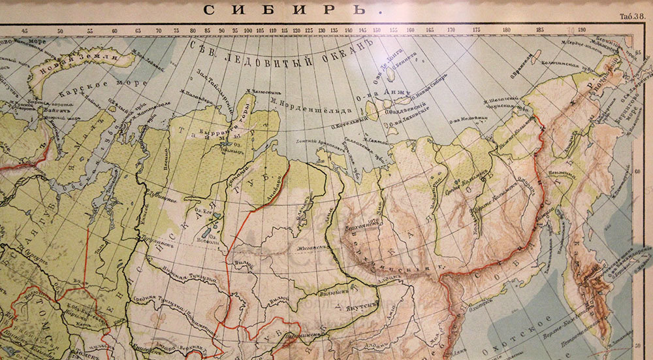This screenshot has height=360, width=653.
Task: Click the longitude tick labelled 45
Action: [x=25, y=30]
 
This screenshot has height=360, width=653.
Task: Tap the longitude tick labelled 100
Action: [x=248, y=30]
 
